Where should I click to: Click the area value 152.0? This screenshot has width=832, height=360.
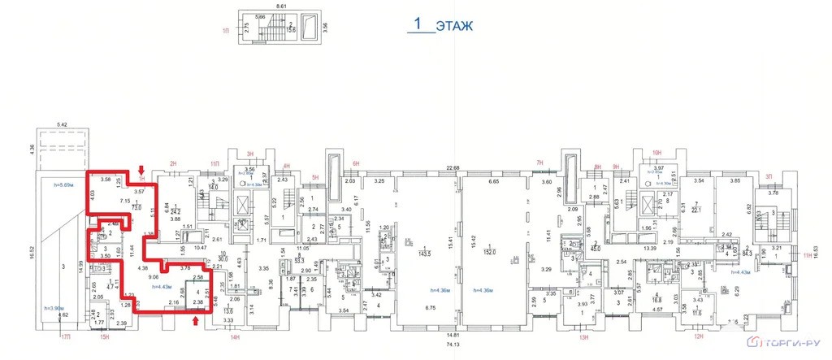tap(490, 253)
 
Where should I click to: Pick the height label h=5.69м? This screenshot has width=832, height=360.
tap(63, 186)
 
